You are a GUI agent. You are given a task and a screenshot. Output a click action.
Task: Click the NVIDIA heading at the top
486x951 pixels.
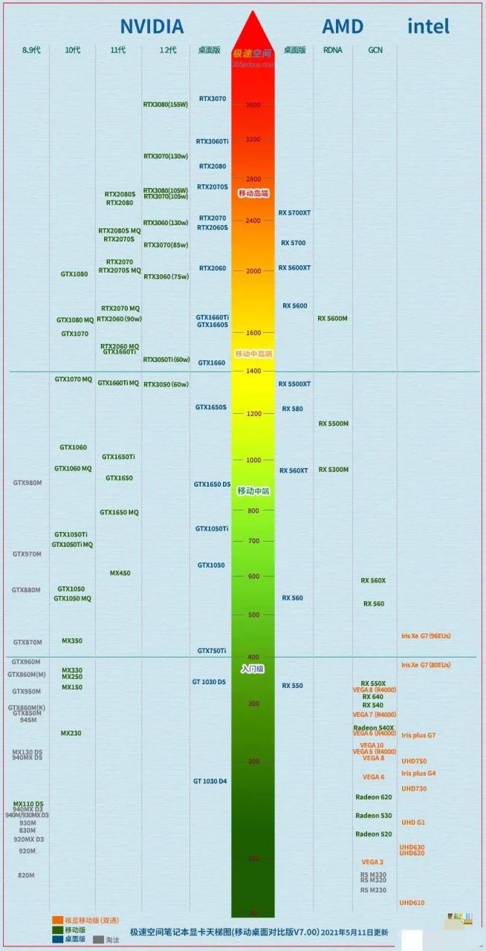pyautogui.click(x=152, y=27)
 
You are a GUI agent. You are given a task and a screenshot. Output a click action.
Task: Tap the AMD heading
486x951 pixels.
pyautogui.click(x=342, y=27)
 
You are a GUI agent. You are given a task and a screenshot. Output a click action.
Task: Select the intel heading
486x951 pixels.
pyautogui.click(x=428, y=27)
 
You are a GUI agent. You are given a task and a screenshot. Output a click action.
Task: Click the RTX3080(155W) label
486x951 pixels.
pyautogui.click(x=165, y=105)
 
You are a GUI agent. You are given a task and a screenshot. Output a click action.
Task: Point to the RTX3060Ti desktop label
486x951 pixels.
pyautogui.click(x=213, y=141)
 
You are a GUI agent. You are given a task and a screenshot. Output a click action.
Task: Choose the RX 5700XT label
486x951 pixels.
pyautogui.click(x=294, y=212)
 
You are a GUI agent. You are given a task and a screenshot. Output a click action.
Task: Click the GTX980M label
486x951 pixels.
pyautogui.click(x=27, y=483)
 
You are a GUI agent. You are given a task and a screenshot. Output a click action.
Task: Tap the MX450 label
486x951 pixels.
pyautogui.click(x=120, y=573)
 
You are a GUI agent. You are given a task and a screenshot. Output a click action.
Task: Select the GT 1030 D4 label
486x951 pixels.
pyautogui.click(x=210, y=781)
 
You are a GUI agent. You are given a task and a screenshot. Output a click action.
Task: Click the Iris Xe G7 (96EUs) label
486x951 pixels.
pyautogui.click(x=426, y=636)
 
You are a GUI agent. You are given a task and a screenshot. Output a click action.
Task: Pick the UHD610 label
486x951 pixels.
pyautogui.click(x=412, y=903)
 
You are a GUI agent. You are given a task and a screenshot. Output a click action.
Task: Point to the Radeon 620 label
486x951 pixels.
pyautogui.click(x=373, y=797)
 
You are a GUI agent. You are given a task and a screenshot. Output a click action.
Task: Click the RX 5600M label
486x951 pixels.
pyautogui.click(x=332, y=319)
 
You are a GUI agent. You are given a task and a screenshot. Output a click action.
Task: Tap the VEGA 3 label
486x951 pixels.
pyautogui.click(x=372, y=862)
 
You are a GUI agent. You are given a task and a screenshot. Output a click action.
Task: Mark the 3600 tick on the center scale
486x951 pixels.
pyautogui.click(x=253, y=106)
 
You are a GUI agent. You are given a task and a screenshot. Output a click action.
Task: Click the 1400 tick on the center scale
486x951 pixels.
pyautogui.click(x=253, y=370)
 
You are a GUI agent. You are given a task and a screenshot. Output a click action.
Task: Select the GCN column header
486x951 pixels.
pyautogui.click(x=375, y=50)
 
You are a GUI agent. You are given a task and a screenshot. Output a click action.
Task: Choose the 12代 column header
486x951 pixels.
pyautogui.click(x=168, y=50)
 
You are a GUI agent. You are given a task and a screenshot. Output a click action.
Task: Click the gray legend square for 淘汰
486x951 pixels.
pyautogui.click(x=98, y=940)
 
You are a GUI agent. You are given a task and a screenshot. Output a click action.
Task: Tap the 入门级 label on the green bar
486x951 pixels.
pyautogui.click(x=253, y=669)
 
